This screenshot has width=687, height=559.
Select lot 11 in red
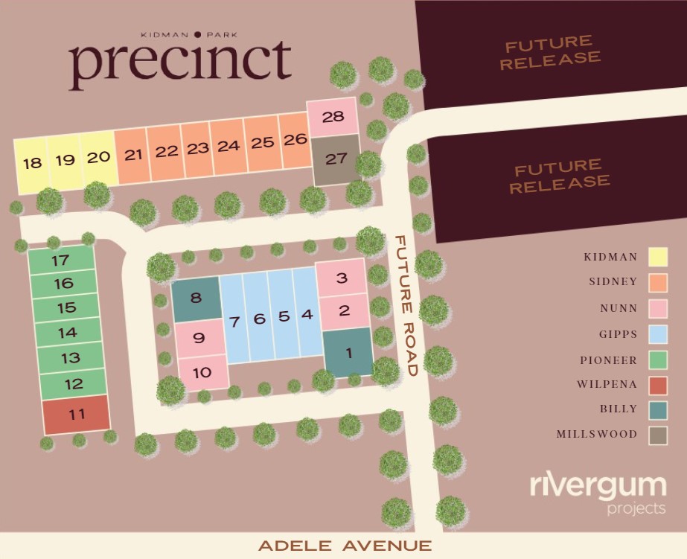[77, 415]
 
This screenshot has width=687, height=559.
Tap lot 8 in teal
[196, 299]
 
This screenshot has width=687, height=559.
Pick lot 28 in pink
[333, 118]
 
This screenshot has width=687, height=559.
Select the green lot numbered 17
[61, 261]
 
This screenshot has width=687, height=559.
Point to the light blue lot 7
[235, 320]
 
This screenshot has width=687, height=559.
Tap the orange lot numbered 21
[133, 156]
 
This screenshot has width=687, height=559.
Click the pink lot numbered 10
[202, 372]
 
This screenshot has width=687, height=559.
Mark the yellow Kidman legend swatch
[658, 258]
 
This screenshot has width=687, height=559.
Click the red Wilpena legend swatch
[658, 385]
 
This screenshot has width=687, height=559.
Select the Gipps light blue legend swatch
[658, 334]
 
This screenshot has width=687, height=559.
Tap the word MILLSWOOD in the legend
[597, 434]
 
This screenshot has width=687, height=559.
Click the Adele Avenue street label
[345, 546]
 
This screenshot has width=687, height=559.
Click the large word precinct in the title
[180, 63]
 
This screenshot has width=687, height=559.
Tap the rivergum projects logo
[598, 493]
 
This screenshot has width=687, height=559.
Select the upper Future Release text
[550, 50]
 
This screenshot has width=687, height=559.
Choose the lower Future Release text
[560, 174]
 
